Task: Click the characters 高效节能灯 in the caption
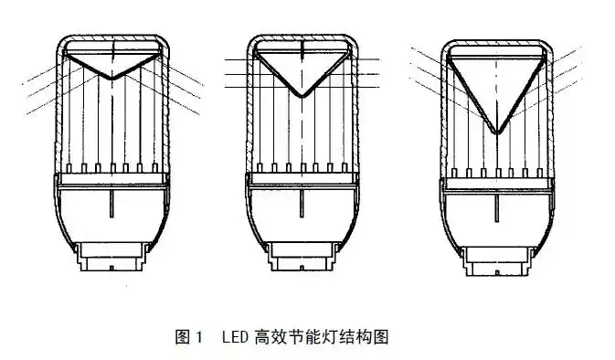(299, 337)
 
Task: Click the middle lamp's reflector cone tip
(302, 97)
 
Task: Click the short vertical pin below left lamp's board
(111, 203)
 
